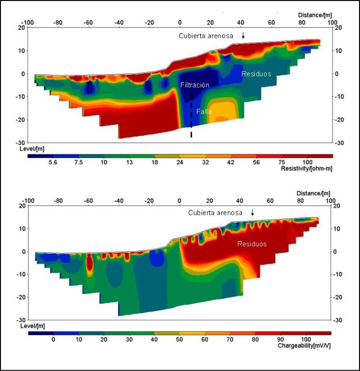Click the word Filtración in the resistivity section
coord(195,85)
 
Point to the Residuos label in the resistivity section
coord(256,74)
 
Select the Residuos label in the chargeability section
coord(252,244)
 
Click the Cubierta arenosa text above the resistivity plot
coord(206,36)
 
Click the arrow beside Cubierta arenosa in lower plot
coord(253,212)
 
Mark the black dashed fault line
coord(192,115)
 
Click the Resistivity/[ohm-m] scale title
coord(306,169)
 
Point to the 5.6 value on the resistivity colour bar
coord(53,162)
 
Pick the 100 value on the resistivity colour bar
coord(307,162)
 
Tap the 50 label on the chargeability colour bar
coord(180,339)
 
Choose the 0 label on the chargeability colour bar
coord(53,339)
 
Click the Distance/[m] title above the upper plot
coord(315,15)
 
